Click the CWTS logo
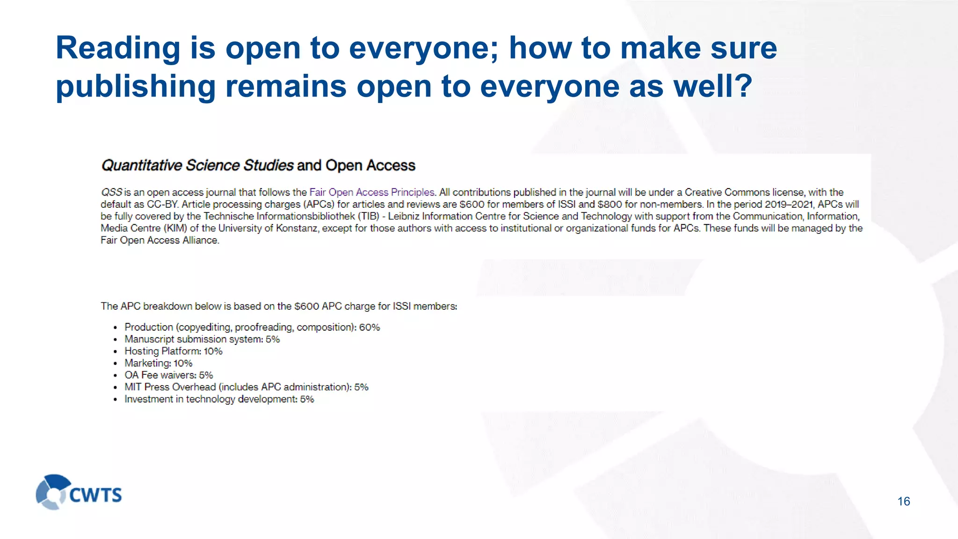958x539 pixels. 79,492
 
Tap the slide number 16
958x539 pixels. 903,502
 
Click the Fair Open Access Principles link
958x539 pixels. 372,192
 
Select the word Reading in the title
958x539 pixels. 118,48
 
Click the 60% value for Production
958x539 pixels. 370,328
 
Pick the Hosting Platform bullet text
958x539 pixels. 173,351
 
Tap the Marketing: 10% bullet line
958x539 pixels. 158,364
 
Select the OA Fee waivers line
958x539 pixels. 168,375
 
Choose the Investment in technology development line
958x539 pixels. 219,400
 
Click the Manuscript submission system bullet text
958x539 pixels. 202,339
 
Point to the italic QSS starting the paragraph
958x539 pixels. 111,192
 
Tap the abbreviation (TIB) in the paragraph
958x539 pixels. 369,216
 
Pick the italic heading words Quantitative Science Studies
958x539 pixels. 197,166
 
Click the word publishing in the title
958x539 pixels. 136,87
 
